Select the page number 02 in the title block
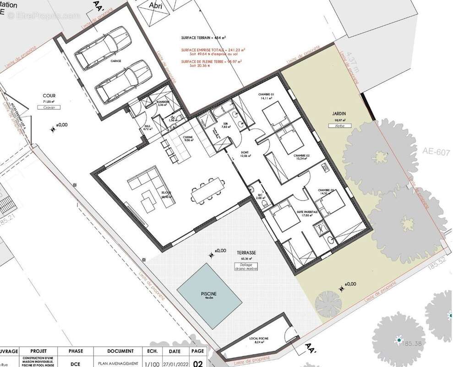point(198,363)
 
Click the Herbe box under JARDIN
point(339,125)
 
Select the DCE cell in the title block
point(76,363)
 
